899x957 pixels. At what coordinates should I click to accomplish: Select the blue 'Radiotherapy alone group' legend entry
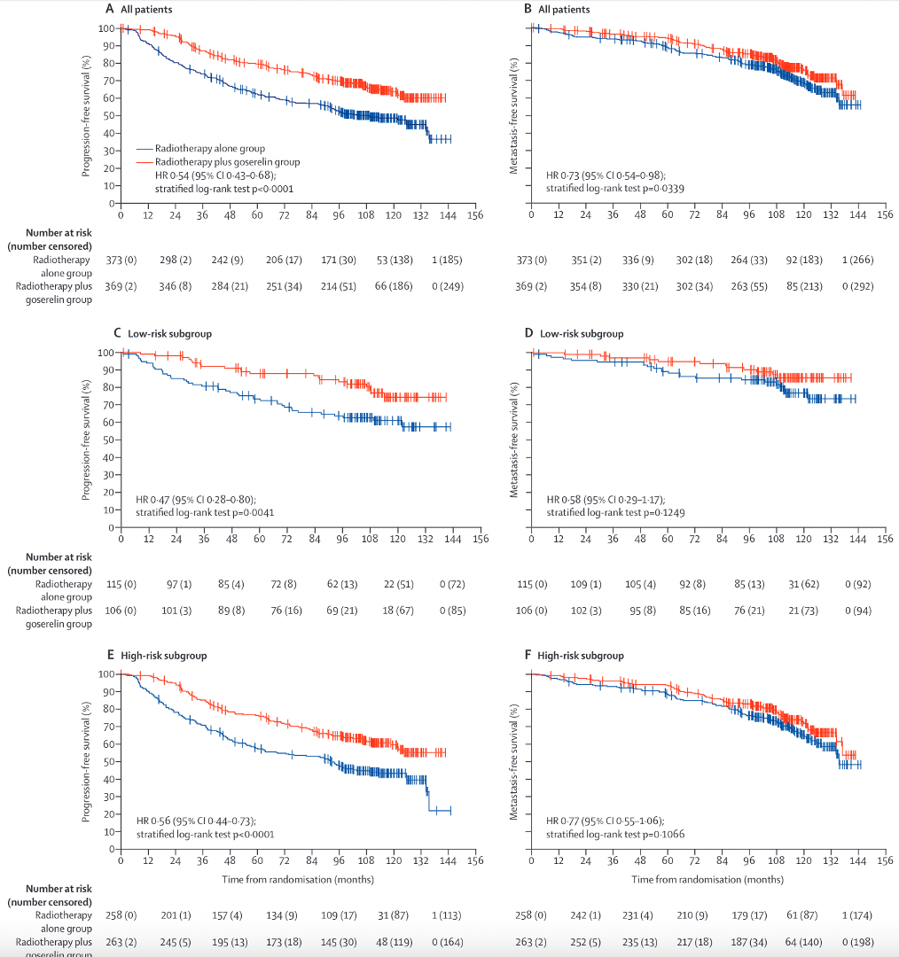click(209, 149)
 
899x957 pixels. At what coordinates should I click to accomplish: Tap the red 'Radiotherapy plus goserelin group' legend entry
click(227, 162)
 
